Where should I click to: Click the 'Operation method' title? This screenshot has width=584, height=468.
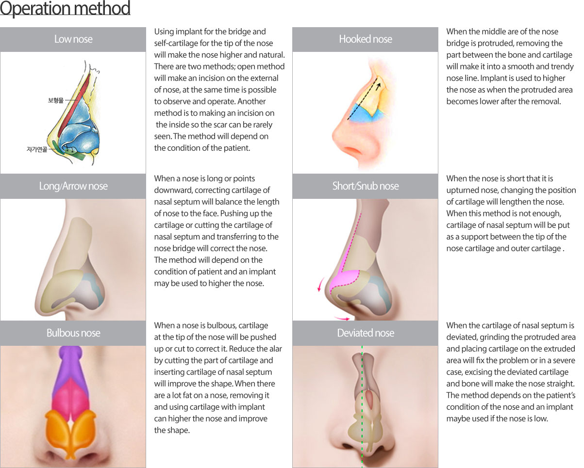click(65, 8)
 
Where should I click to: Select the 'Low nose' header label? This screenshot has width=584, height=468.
click(73, 39)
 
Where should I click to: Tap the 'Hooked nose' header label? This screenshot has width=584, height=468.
click(365, 39)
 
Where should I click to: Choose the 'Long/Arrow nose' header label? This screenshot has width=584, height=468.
click(73, 186)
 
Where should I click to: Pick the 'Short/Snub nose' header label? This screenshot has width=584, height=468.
click(365, 186)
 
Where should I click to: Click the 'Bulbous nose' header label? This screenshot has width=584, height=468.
click(73, 333)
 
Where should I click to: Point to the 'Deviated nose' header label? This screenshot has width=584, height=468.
click(365, 333)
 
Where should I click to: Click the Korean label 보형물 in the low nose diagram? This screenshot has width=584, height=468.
click(56, 100)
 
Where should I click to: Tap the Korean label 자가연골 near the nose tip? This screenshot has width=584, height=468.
click(37, 149)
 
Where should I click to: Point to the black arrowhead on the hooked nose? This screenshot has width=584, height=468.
click(378, 86)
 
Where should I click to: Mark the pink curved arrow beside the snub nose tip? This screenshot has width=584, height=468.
click(320, 284)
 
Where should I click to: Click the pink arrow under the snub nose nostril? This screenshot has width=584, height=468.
click(342, 318)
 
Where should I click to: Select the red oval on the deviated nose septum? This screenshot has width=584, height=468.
click(370, 400)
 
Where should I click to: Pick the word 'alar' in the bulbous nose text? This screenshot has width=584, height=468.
click(275, 349)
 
